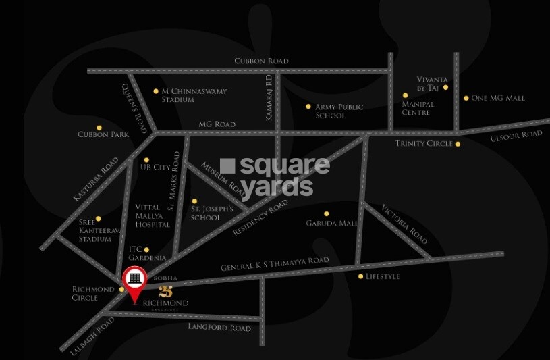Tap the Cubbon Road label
pyautogui.click(x=261, y=61)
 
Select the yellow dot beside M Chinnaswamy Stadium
pyautogui.click(x=156, y=91)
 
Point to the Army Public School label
pyautogui.click(x=339, y=111)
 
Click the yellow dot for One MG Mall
pyautogui.click(x=466, y=98)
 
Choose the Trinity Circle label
pyautogui.click(x=423, y=144)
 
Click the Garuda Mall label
pyautogui.click(x=331, y=223)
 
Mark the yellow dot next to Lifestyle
pyautogui.click(x=360, y=276)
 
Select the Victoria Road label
pyautogui.click(x=404, y=224)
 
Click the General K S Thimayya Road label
pyautogui.click(x=275, y=264)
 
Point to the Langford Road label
pyautogui.click(x=219, y=328)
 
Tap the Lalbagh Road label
pyautogui.click(x=88, y=336)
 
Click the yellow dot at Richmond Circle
pyautogui.click(x=121, y=290)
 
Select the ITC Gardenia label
pyautogui.click(x=147, y=253)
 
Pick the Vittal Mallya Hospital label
pyautogui.click(x=153, y=215)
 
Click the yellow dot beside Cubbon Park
pyautogui.click(x=99, y=128)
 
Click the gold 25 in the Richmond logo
pyautogui.click(x=166, y=292)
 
